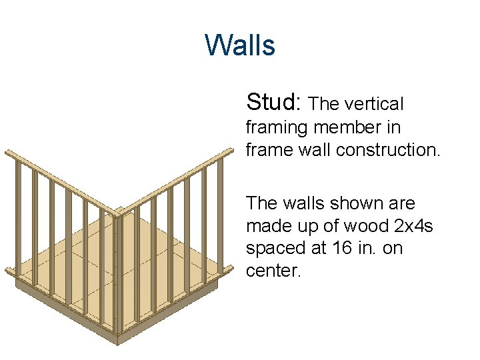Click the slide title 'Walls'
[240, 45]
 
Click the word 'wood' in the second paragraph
[362, 225]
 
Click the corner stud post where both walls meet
[117, 273]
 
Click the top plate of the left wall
[60, 181]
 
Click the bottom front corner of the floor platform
[117, 341]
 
